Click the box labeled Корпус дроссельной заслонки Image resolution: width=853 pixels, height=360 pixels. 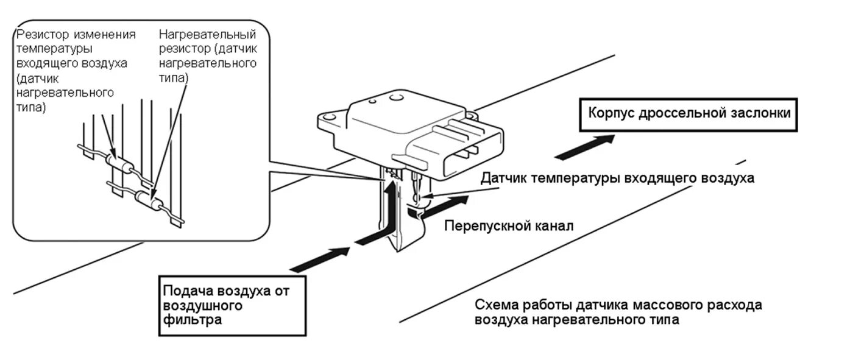(x=688, y=114)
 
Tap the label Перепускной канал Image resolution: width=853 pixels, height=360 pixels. (x=509, y=225)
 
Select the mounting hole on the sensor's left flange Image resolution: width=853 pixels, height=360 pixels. (x=329, y=116)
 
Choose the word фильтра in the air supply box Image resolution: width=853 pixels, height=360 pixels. (x=193, y=319)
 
